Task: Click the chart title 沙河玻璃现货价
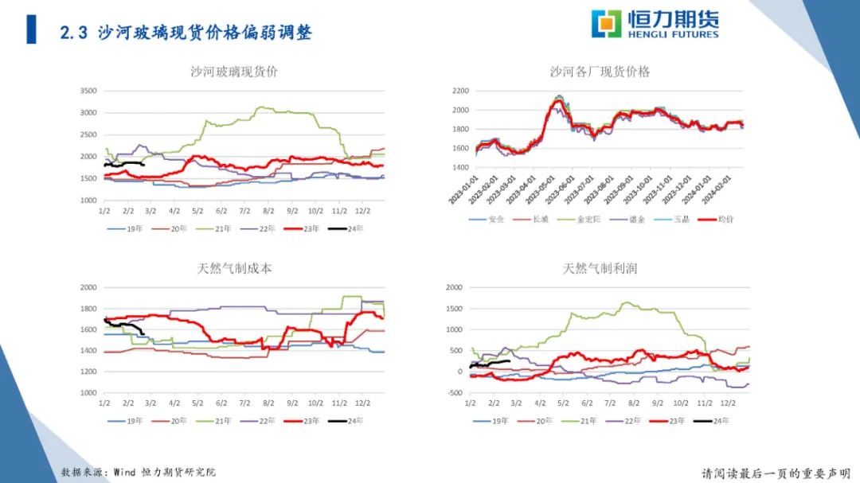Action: [x=234, y=72]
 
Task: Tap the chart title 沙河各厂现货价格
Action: [x=600, y=72]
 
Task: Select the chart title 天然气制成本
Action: [x=234, y=269]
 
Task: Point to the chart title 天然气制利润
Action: [x=600, y=269]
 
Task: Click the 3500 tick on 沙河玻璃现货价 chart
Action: [x=88, y=91]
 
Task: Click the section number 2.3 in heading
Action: [x=73, y=33]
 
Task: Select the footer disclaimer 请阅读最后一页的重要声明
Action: [x=776, y=473]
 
